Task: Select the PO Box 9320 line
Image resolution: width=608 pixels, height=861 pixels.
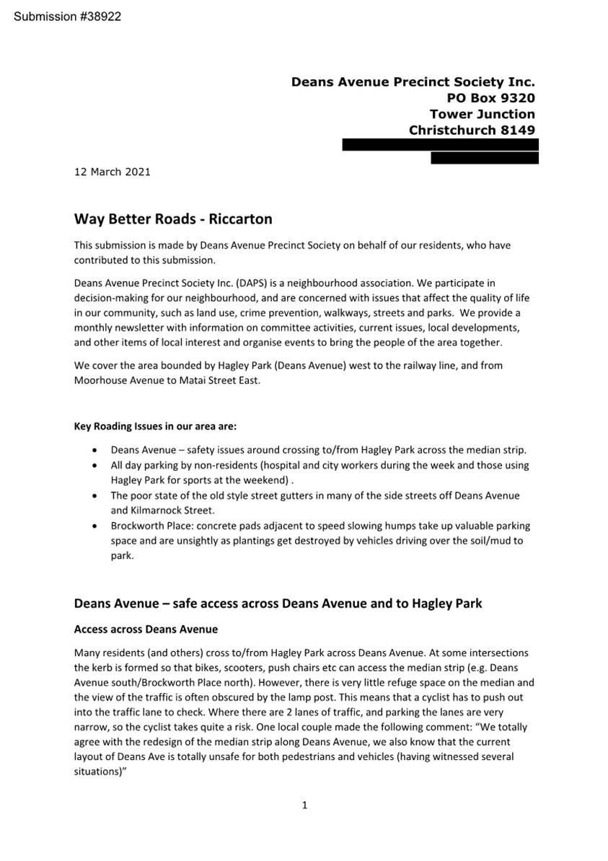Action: point(490,98)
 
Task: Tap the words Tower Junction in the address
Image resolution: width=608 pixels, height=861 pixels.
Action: point(482,114)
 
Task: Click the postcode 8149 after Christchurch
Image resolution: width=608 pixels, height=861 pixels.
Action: point(519,131)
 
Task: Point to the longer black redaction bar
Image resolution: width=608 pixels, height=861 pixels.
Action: point(440,145)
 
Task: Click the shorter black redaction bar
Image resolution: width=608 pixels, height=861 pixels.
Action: point(484,158)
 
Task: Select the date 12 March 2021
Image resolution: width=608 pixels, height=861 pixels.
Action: point(113,172)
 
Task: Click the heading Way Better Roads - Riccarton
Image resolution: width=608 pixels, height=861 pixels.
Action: point(173,218)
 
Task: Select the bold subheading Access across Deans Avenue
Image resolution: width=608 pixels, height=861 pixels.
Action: point(146,630)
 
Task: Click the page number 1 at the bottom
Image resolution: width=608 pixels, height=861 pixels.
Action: point(304,805)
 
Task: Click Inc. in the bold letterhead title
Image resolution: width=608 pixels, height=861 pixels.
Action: point(519,82)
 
